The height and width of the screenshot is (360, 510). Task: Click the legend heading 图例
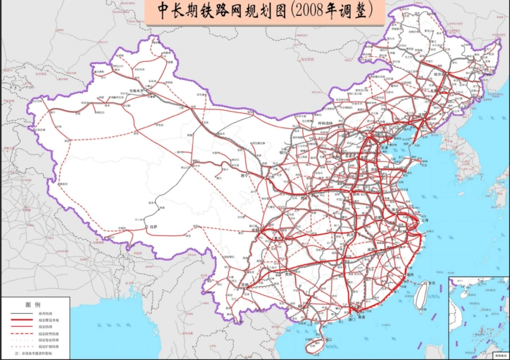coord(31,305)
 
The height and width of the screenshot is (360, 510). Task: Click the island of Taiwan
coord(422,296)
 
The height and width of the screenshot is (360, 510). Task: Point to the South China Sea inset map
coord(477,317)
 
